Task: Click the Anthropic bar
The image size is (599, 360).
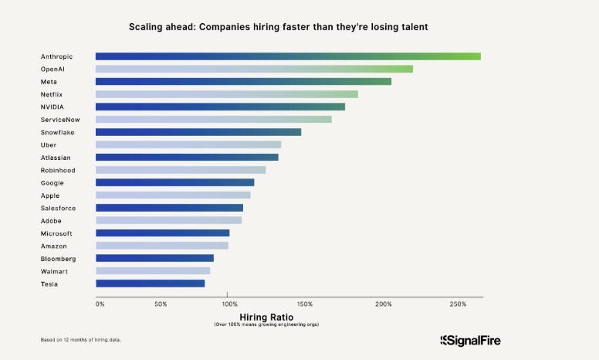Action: click(287, 56)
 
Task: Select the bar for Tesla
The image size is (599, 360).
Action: click(150, 284)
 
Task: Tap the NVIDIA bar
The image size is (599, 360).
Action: click(220, 107)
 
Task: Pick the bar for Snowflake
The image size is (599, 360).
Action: click(198, 132)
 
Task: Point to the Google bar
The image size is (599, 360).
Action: click(174, 182)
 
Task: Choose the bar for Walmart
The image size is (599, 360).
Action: click(152, 271)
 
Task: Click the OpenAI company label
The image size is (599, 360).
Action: click(53, 69)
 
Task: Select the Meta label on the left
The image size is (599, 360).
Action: click(49, 81)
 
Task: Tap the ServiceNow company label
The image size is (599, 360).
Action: click(59, 120)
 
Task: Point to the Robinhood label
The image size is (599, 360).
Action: click(58, 170)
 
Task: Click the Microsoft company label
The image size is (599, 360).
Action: click(56, 233)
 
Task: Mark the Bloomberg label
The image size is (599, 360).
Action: click(58, 258)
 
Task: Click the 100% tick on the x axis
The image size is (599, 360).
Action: click(227, 304)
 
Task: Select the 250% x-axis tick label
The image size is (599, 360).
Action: click(457, 304)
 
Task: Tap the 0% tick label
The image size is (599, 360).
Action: click(100, 304)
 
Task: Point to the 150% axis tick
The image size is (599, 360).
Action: click(304, 304)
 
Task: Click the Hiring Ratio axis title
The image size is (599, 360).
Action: click(266, 317)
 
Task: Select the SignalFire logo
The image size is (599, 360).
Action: click(475, 340)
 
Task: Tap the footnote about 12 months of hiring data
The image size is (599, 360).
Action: click(81, 340)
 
